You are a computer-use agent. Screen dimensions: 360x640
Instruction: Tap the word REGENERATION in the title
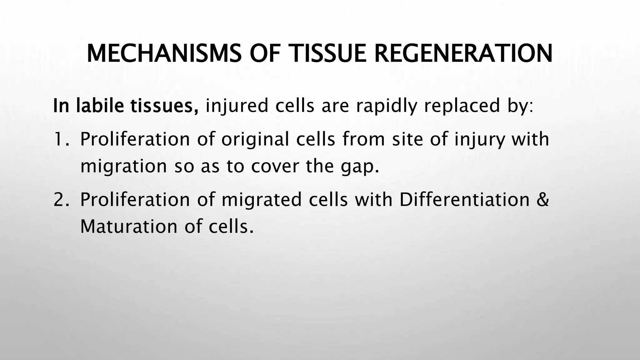click(463, 54)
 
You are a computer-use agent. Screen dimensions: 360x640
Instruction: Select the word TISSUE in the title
click(328, 54)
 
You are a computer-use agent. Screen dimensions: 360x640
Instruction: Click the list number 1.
click(59, 139)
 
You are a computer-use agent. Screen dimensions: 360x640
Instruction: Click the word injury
click(479, 140)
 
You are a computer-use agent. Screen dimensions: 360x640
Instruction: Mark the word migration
click(124, 166)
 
